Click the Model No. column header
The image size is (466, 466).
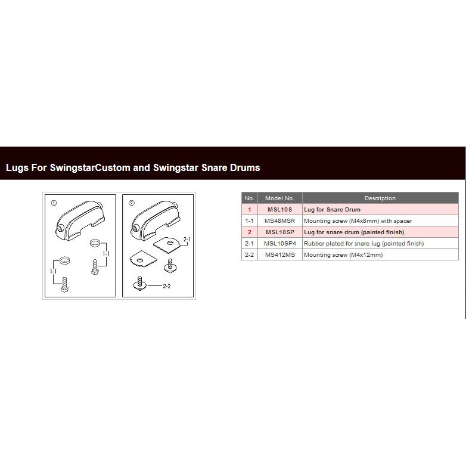pos(279,198)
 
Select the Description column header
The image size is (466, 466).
pos(380,198)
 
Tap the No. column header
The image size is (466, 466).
pos(249,198)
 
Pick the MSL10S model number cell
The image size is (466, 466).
pos(279,210)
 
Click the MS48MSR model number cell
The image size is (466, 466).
pos(279,221)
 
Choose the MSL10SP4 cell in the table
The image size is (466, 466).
pos(280,243)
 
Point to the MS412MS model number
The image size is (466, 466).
pos(280,254)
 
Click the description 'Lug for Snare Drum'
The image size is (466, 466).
pos(332,210)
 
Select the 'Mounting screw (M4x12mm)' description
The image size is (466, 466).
pos(343,254)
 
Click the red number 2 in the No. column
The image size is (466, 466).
pos(249,232)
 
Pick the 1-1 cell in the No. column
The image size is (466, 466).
pos(249,221)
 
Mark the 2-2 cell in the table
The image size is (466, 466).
pos(249,254)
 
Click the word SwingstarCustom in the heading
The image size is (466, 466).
pos(90,167)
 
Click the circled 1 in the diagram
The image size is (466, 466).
pos(54,203)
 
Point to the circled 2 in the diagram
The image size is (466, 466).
pos(131,203)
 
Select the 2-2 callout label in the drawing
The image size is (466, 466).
pos(166,286)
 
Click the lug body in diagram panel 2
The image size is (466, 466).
pos(155,221)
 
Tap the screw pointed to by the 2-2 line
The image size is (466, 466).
pos(139,284)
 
